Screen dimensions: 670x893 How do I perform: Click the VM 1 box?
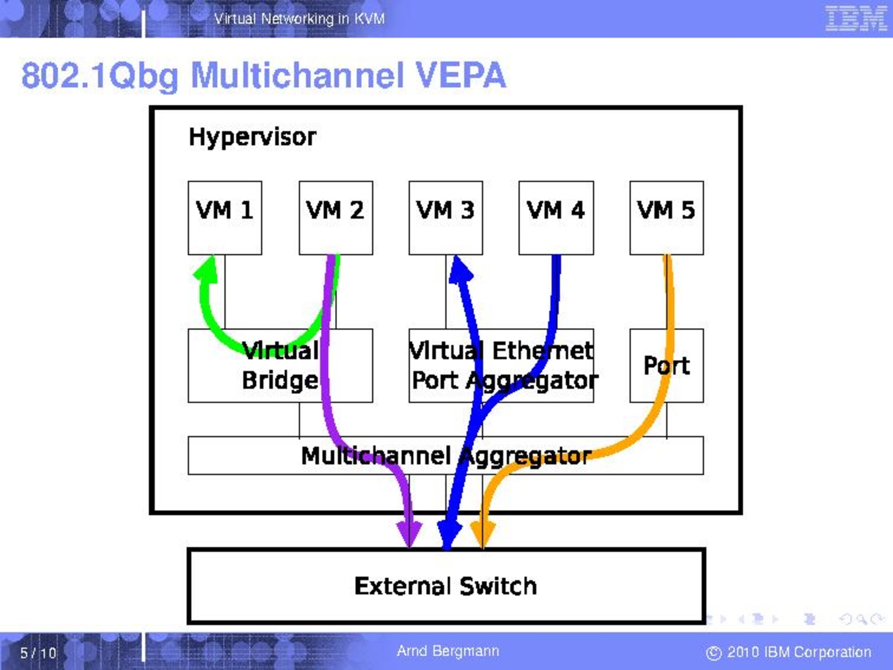[224, 217]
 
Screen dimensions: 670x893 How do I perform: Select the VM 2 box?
[335, 217]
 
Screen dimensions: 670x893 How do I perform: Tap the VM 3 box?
[445, 217]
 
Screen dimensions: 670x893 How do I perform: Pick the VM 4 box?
[555, 217]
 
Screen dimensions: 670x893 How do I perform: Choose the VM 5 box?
[666, 217]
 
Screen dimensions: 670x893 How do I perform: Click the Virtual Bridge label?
[280, 366]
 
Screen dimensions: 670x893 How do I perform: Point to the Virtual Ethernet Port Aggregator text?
[502, 366]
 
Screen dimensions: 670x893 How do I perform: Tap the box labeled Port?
[666, 366]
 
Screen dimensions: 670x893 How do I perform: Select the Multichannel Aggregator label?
[445, 456]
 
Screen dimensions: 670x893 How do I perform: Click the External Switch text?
[445, 586]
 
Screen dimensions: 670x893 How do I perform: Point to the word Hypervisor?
[252, 137]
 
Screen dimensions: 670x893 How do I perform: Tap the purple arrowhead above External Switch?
[409, 532]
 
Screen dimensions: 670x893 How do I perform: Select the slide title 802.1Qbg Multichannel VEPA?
[264, 75]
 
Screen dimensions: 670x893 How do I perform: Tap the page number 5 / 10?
[38, 653]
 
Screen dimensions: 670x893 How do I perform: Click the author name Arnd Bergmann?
[448, 651]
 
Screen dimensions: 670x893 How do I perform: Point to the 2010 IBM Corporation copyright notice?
[789, 652]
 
